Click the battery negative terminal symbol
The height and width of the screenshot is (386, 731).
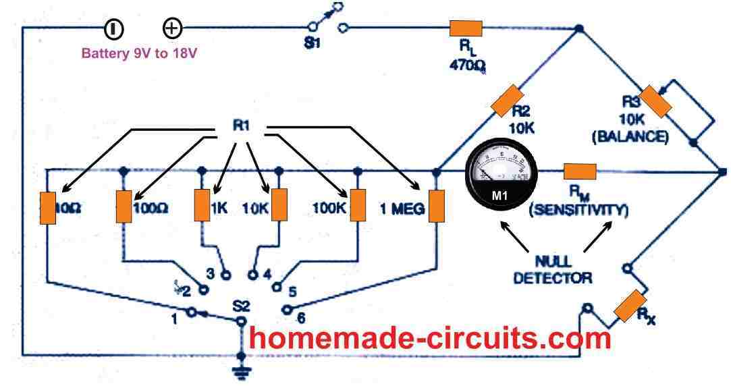pyautogui.click(x=113, y=28)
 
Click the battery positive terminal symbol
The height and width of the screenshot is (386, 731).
pyautogui.click(x=172, y=28)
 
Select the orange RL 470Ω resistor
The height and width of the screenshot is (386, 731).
pyautogui.click(x=466, y=28)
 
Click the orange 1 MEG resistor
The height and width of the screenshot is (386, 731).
pyautogui.click(x=437, y=206)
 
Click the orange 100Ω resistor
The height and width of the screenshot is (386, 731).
pyautogui.click(x=124, y=206)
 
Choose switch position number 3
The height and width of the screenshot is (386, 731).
pyautogui.click(x=210, y=273)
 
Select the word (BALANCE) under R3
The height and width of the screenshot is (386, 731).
pyautogui.click(x=631, y=138)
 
